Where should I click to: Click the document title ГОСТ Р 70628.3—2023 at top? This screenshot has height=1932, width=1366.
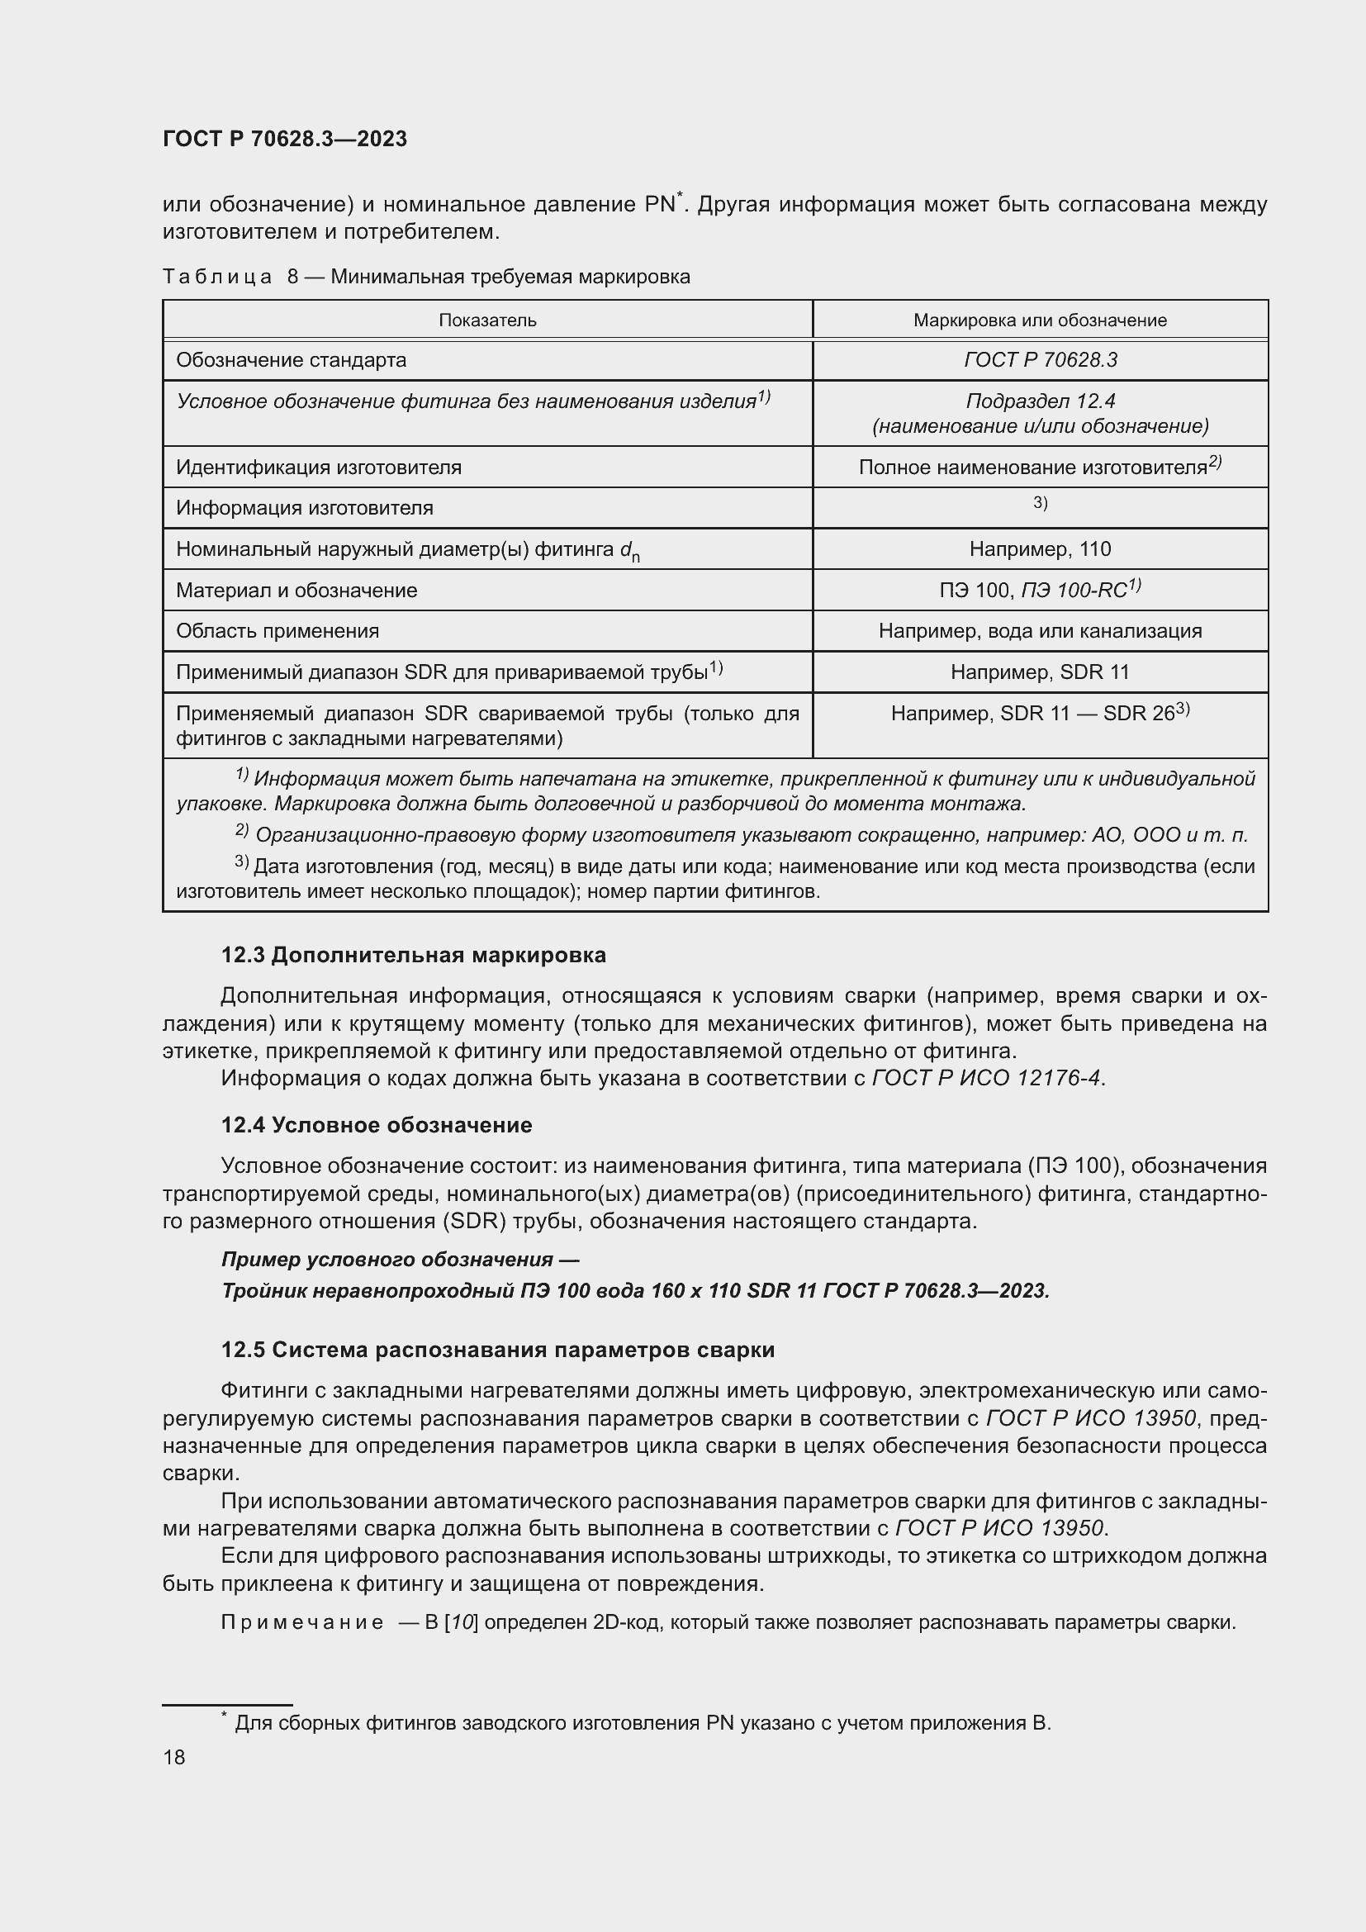pyautogui.click(x=284, y=139)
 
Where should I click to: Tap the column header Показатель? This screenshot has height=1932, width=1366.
pyautogui.click(x=487, y=320)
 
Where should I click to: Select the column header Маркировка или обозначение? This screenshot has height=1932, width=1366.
pyautogui.click(x=1040, y=320)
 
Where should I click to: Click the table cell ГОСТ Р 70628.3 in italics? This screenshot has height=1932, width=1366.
pyautogui.click(x=1040, y=360)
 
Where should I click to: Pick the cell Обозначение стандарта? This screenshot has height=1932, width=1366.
pyautogui.click(x=291, y=360)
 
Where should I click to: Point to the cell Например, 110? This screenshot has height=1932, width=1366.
pyautogui.click(x=1040, y=549)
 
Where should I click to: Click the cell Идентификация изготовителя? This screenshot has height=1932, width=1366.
pyautogui.click(x=318, y=467)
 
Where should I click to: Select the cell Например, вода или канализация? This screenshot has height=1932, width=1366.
pyautogui.click(x=1040, y=631)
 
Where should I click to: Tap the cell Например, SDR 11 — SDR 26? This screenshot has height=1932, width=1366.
pyautogui.click(x=1040, y=714)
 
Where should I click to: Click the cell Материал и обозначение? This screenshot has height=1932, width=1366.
pyautogui.click(x=296, y=591)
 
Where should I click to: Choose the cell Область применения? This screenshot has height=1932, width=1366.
pyautogui.click(x=277, y=631)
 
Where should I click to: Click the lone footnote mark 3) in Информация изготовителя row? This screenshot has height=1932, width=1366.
pyautogui.click(x=1040, y=503)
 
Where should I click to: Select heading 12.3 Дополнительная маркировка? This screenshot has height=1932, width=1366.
pyautogui.click(x=413, y=955)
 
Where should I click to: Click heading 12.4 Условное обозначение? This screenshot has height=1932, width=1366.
pyautogui.click(x=376, y=1125)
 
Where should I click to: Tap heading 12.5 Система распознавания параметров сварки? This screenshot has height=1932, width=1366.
pyautogui.click(x=497, y=1350)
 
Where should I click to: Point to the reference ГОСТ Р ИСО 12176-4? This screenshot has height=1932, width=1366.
pyautogui.click(x=986, y=1078)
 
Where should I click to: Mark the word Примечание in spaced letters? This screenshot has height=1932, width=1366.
pyautogui.click(x=302, y=1622)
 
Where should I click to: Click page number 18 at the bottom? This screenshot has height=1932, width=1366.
pyautogui.click(x=174, y=1757)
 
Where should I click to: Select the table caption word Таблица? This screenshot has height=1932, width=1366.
pyautogui.click(x=217, y=277)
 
